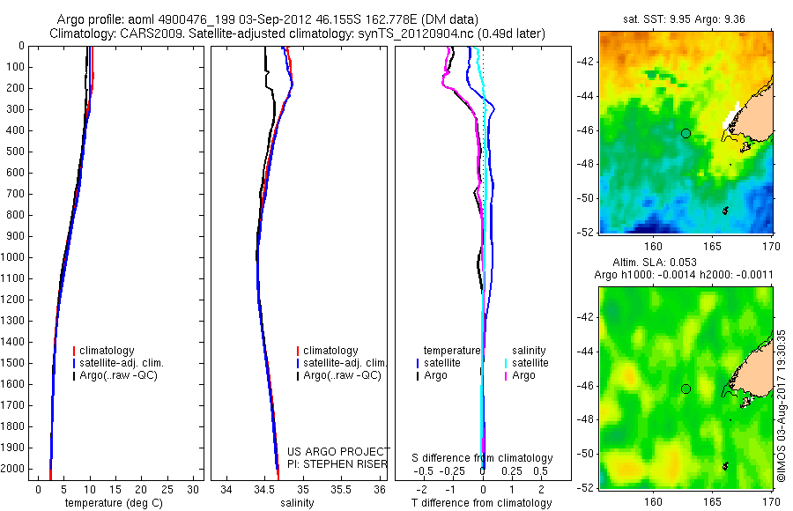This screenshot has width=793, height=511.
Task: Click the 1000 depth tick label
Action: [x=12, y=257]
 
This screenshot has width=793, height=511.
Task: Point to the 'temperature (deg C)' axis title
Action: [x=114, y=502]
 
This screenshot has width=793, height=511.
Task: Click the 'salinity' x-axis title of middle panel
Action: [x=297, y=502]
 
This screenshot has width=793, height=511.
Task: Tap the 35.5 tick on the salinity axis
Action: [x=341, y=489]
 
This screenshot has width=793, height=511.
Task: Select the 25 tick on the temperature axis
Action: [x=167, y=489]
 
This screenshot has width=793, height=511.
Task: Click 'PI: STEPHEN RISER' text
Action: [x=337, y=464]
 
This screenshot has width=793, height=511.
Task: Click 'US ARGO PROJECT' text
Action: [x=338, y=451]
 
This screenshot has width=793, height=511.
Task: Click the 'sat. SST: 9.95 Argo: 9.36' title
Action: [x=684, y=19]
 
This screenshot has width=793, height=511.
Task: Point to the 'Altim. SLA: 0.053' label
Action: [x=655, y=262]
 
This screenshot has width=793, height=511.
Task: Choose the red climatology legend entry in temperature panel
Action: [x=104, y=350]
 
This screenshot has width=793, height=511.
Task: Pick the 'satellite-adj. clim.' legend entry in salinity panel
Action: [x=341, y=363]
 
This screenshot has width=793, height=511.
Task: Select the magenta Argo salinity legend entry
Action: [x=519, y=375]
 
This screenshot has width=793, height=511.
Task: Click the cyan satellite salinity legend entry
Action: [x=526, y=363]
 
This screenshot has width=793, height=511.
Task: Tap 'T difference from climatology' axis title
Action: [x=481, y=502]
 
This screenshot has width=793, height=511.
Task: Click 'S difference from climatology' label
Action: [x=482, y=457]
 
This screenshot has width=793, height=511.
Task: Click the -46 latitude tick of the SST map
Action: [x=585, y=130]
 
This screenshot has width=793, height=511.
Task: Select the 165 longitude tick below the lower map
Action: [x=713, y=501]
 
